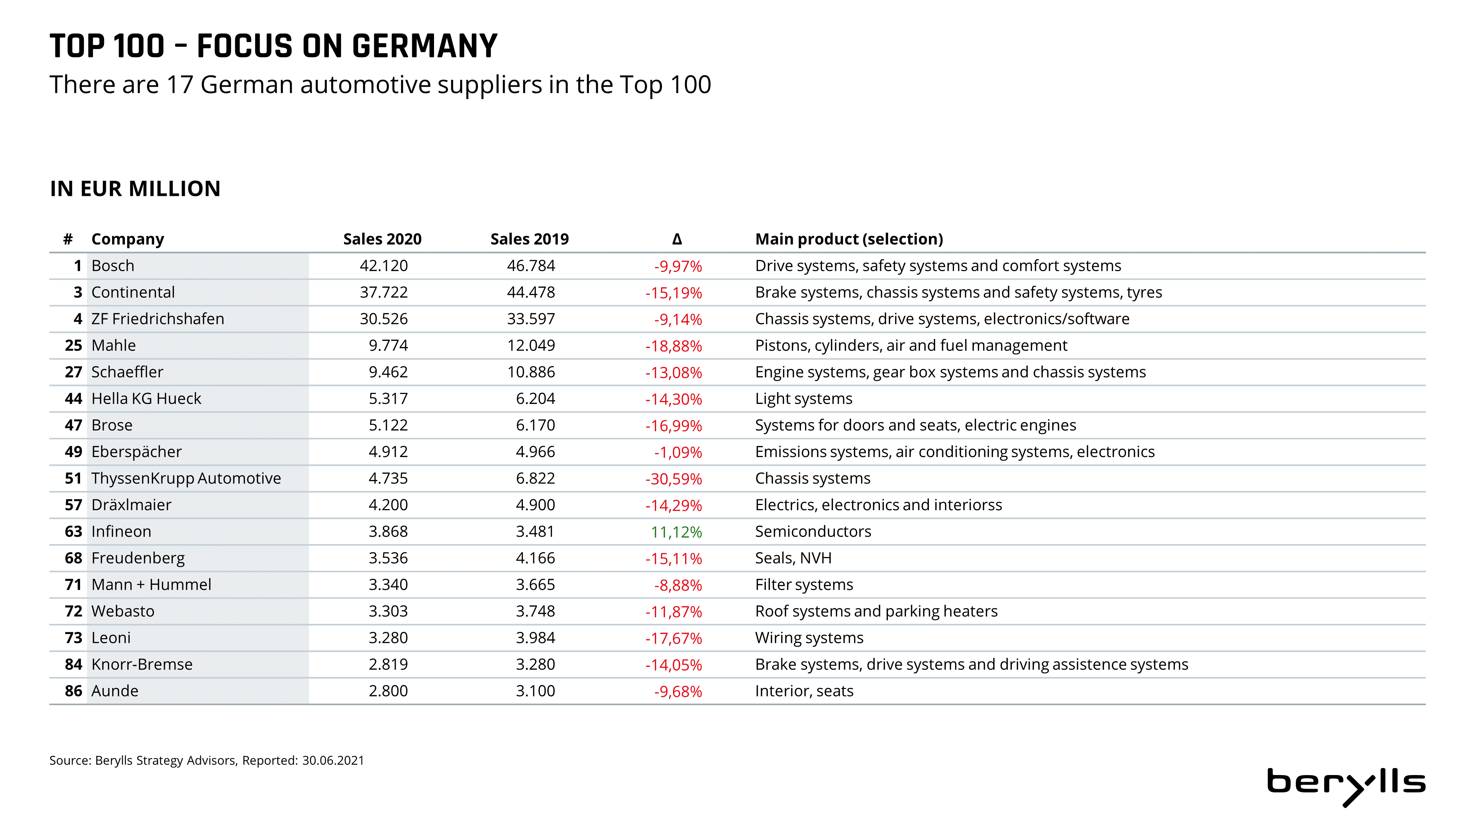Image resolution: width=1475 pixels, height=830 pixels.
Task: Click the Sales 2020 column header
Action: pos(382,239)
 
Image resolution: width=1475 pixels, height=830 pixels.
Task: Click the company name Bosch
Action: pos(113,266)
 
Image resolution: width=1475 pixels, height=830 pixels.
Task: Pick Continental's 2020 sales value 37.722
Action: pos(383,292)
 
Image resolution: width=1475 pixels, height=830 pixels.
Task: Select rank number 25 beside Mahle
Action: pos(73,345)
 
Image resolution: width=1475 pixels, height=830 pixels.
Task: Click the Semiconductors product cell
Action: pos(813,532)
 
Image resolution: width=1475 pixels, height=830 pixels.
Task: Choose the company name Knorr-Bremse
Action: pos(142,664)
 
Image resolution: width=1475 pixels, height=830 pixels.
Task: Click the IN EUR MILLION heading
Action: pos(135,189)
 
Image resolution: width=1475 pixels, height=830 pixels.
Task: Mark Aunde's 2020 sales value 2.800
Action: pos(388,691)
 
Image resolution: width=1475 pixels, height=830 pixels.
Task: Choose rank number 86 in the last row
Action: pos(73,691)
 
